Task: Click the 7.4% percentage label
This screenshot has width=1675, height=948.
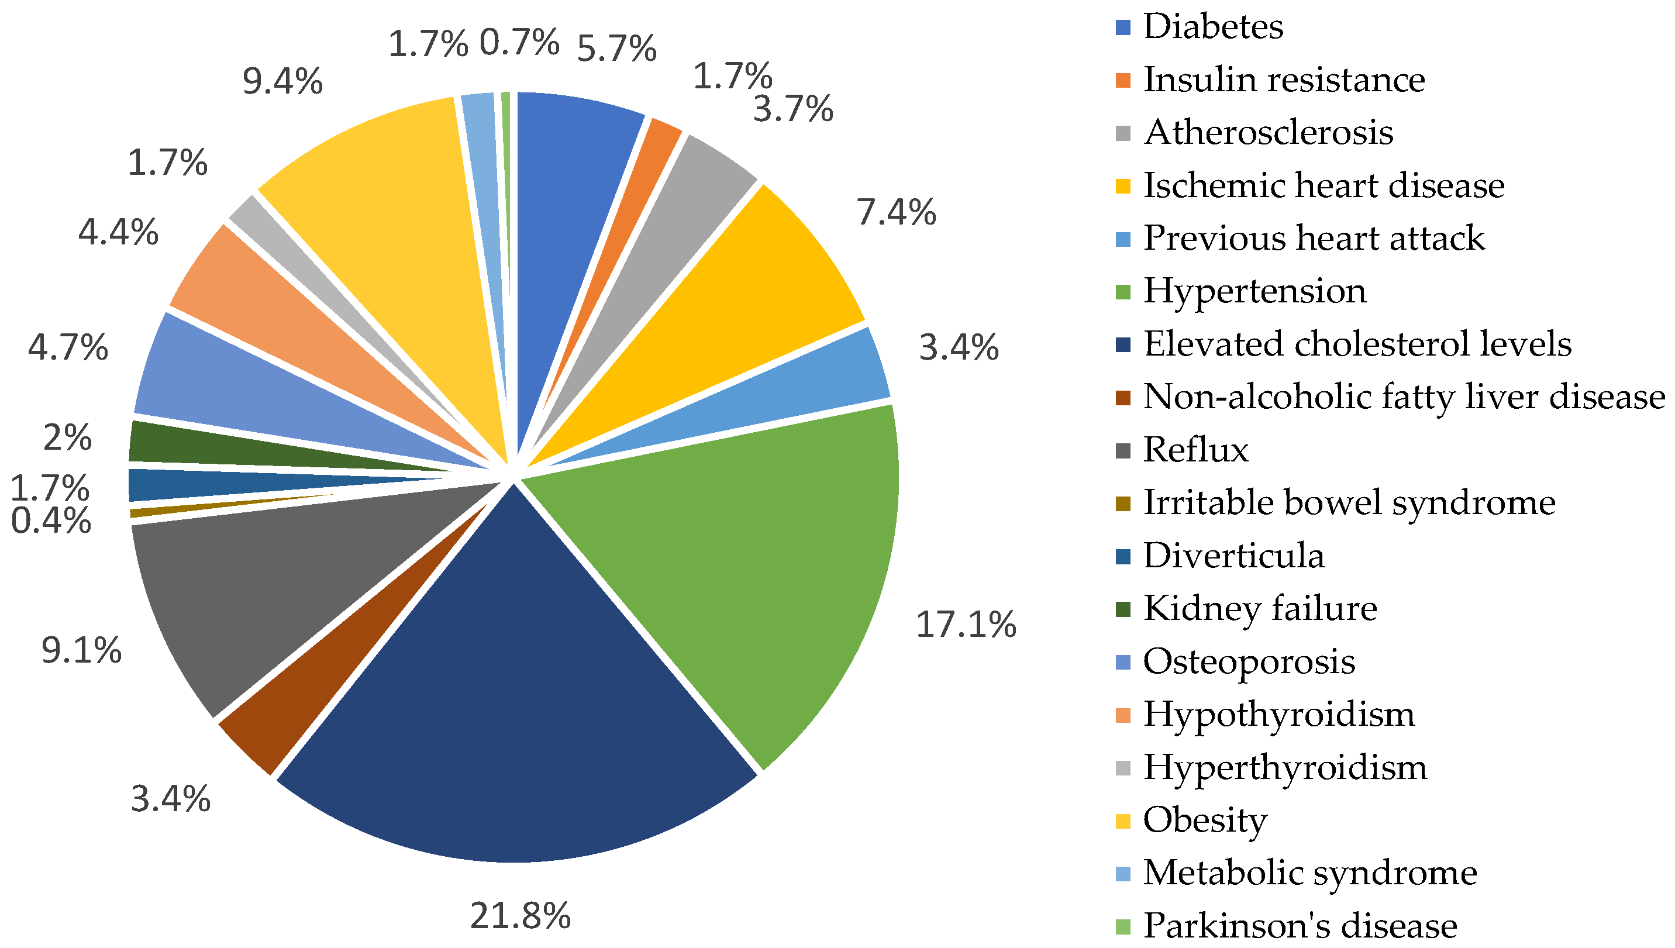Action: point(897,213)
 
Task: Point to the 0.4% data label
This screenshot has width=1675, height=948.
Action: point(51,521)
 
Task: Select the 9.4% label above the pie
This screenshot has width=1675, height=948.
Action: point(282,82)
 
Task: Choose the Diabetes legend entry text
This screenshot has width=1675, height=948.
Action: point(1213,27)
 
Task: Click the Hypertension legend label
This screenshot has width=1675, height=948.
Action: point(1254,291)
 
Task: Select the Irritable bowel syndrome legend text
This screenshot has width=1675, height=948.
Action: point(1349,502)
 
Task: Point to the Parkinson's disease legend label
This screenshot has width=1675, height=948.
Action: point(1300,925)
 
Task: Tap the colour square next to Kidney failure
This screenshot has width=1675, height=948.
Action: point(1123,609)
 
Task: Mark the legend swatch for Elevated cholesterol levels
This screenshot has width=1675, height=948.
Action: point(1123,344)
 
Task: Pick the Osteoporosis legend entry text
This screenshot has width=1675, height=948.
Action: point(1249,661)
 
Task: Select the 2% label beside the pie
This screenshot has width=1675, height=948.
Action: point(67,437)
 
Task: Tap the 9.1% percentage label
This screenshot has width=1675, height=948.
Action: point(81,650)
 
